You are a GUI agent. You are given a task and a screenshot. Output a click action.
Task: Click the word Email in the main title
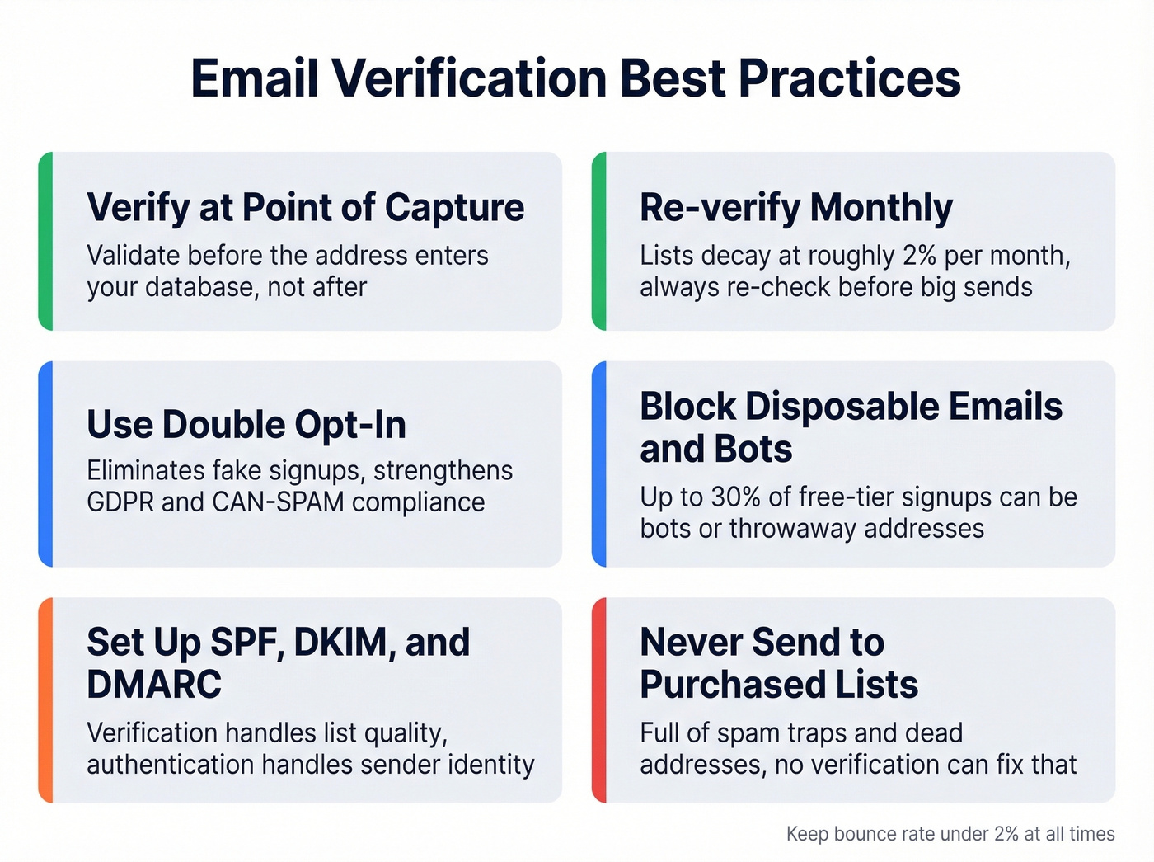254,79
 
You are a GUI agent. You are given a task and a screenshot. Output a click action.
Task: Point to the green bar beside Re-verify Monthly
599,241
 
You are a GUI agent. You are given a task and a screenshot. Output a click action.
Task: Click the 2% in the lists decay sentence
919,256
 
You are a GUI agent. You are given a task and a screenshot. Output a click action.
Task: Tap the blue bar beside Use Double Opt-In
46,464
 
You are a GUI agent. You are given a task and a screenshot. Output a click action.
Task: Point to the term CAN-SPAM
278,502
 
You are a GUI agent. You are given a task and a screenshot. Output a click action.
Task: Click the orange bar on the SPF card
46,699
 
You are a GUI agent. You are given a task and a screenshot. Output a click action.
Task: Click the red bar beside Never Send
599,699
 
